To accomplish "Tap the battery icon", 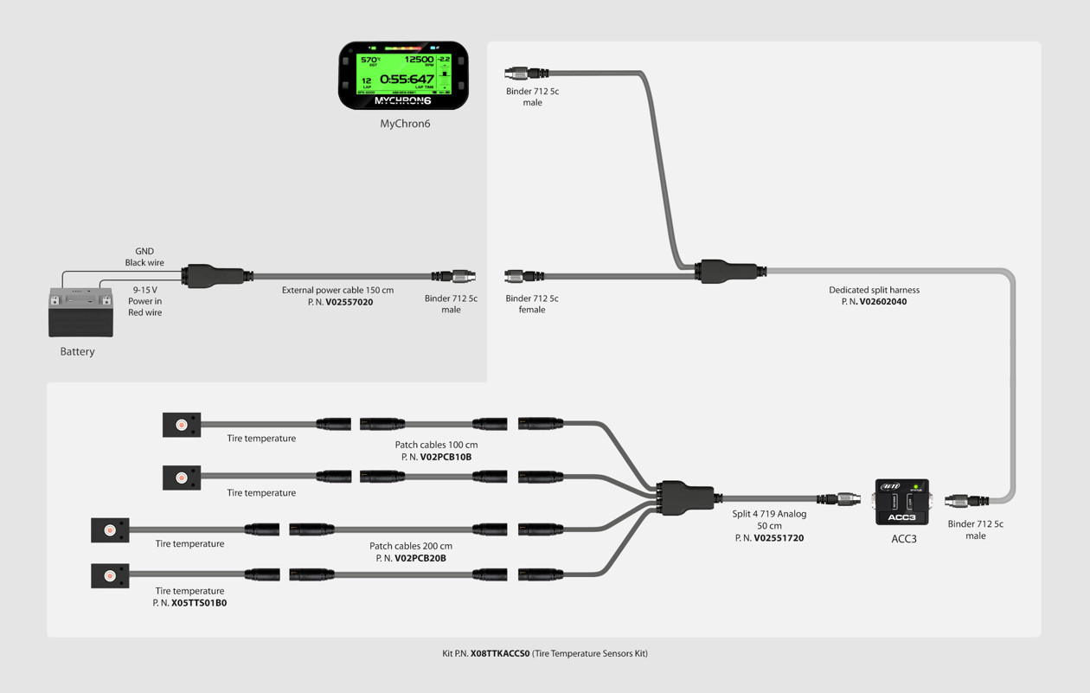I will (x=80, y=311).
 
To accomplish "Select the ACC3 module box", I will (x=901, y=502).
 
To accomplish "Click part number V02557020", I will (x=349, y=302).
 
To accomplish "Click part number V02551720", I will (x=778, y=538).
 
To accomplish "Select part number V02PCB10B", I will (x=446, y=457).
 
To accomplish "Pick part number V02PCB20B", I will (x=420, y=558).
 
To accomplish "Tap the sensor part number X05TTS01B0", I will (x=198, y=603).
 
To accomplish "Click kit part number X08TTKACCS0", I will (x=499, y=654).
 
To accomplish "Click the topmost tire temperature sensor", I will (x=182, y=425).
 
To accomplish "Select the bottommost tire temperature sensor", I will (x=110, y=575).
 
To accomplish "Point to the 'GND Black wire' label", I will (x=144, y=257).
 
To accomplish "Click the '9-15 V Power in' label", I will (x=145, y=296).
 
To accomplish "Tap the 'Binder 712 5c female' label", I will (x=532, y=304).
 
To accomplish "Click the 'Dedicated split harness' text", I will (x=874, y=290).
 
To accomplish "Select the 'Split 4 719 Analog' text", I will (x=769, y=514).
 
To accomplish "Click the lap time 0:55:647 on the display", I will (x=407, y=79).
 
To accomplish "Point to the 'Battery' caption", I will (x=77, y=351).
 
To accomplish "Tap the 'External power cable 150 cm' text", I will (x=337, y=290).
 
